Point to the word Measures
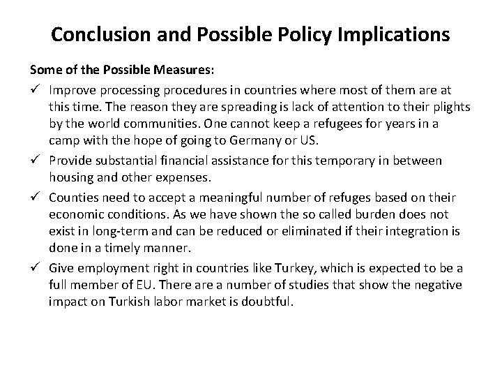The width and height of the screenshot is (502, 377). click(167, 71)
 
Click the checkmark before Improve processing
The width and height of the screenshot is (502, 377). click(35, 89)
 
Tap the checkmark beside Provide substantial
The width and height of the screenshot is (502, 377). click(35, 161)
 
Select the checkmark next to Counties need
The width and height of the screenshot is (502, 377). click(35, 197)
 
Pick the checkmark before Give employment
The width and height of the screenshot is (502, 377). click(35, 269)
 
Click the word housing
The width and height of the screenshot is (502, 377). click(71, 179)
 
